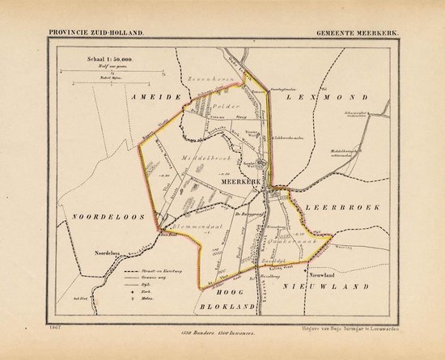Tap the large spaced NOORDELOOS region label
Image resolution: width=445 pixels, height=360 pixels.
[99, 218]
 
